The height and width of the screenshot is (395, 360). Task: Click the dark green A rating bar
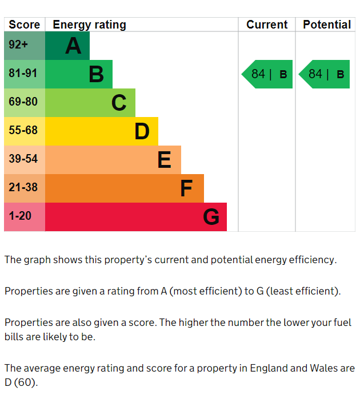coord(67,46)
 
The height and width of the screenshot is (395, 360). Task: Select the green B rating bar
coord(78,74)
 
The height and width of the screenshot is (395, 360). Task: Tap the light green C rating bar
coord(90,103)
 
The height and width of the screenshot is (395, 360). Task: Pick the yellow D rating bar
coord(101,131)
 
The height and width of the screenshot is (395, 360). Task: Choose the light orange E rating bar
coord(113,160)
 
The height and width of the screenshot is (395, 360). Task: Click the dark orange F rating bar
coord(124,188)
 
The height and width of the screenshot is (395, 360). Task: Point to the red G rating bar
coord(135,217)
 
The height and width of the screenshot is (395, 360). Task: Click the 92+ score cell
coord(24,46)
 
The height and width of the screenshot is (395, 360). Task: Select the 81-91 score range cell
coord(24,74)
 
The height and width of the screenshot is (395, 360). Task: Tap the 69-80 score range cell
coord(24,103)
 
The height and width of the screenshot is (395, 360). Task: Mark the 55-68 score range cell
coord(24,131)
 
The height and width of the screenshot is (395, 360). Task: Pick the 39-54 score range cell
coord(24,160)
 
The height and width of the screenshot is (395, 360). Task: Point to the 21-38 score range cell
coord(24,188)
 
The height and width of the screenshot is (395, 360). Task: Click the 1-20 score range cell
coord(24,217)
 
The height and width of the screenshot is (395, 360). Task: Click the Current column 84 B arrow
coord(267,74)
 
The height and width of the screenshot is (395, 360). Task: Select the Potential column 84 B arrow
coord(325,74)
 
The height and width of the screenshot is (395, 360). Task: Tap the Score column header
coord(25,25)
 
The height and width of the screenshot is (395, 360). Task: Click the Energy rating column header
coord(89,25)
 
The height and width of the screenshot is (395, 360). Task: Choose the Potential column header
coord(326,25)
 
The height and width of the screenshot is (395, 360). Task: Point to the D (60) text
coord(21,382)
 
